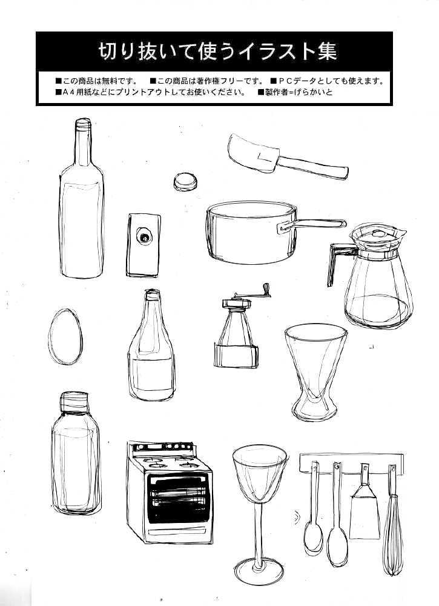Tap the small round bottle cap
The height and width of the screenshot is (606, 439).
tap(185, 182)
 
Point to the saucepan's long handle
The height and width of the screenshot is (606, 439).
tap(312, 224)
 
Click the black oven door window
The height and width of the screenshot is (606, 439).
tap(180, 499)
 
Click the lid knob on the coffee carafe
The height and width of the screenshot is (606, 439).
tap(378, 233)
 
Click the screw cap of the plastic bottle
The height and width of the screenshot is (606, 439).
tap(74, 402)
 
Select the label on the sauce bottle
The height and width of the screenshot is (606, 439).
tap(151, 375)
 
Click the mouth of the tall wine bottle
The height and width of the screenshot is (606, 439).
tap(83, 123)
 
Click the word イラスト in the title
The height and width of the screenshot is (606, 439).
tap(270, 52)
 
